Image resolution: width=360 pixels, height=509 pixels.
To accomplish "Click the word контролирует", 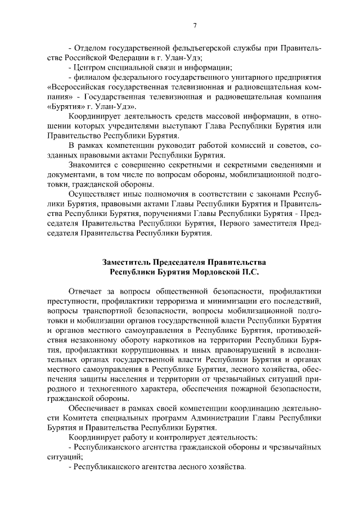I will click(189, 437).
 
